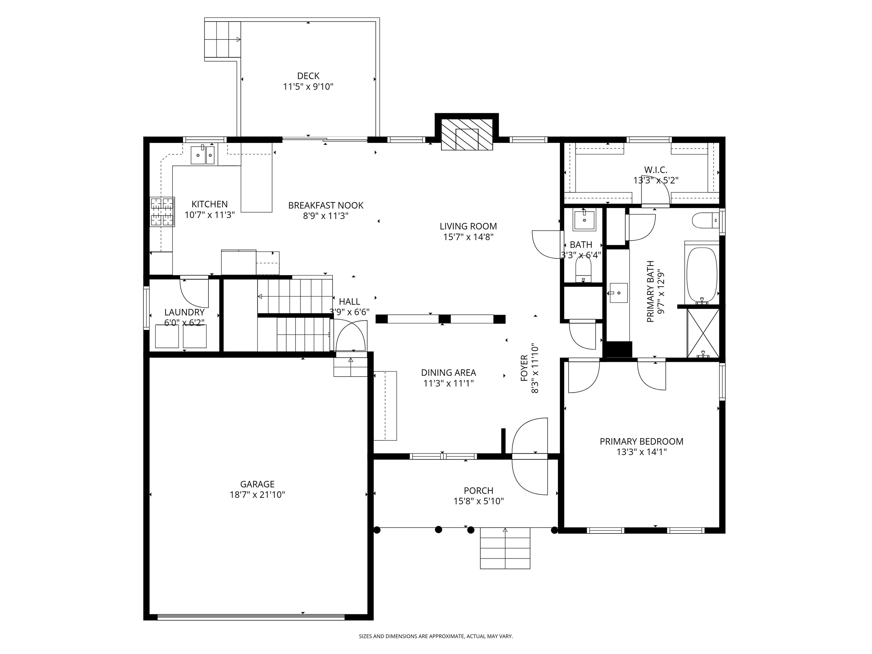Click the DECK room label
pyautogui.click(x=308, y=76)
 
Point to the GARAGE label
pyautogui.click(x=257, y=484)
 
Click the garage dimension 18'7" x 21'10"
pyautogui.click(x=257, y=495)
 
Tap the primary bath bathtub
pyautogui.click(x=702, y=275)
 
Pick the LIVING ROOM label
pyautogui.click(x=468, y=226)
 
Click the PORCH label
pyautogui.click(x=479, y=491)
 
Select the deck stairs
pyautogui.click(x=222, y=39)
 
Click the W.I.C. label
pyautogui.click(x=656, y=170)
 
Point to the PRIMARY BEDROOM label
pyautogui.click(x=642, y=441)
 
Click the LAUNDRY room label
pyautogui.click(x=185, y=312)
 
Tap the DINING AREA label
pyautogui.click(x=448, y=372)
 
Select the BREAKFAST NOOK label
pyautogui.click(x=326, y=206)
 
